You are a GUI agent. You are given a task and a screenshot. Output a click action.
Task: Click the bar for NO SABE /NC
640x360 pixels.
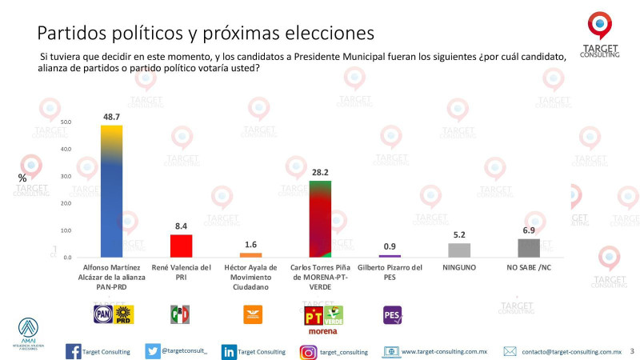click(x=529, y=248)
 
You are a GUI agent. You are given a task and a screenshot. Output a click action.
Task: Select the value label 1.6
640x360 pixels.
click(x=251, y=244)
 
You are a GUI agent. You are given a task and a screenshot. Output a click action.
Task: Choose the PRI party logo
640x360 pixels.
click(x=181, y=315)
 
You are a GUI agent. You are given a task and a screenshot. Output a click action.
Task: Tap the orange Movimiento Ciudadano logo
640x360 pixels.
click(x=251, y=315)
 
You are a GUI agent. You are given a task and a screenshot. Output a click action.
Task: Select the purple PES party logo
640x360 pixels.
click(x=394, y=315)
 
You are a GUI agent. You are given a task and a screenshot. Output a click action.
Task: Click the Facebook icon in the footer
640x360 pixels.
click(x=72, y=351)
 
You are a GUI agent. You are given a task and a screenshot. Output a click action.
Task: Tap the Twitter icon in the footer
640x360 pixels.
click(x=152, y=351)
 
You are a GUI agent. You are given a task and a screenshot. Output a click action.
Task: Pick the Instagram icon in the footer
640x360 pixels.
click(x=308, y=351)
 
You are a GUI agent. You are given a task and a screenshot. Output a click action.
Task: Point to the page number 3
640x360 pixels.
click(x=632, y=350)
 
